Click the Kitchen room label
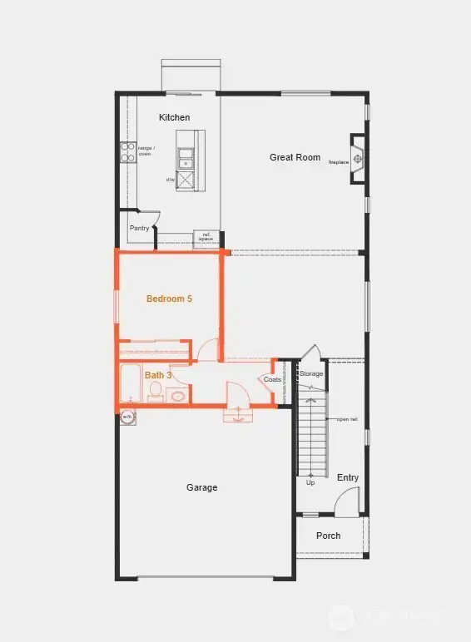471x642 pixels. (x=175, y=117)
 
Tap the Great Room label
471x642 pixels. (x=295, y=157)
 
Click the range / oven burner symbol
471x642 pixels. (x=127, y=152)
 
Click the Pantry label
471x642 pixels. (x=139, y=228)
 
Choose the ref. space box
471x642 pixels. (x=205, y=239)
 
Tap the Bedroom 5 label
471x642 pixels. (x=169, y=299)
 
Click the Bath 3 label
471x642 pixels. (x=158, y=375)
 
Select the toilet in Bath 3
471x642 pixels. (x=156, y=393)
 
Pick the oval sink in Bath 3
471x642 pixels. (x=178, y=396)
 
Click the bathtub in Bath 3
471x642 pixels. (x=131, y=383)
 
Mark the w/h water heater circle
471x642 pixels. (x=127, y=417)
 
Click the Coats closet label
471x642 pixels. (x=272, y=379)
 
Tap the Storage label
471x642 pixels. (x=311, y=374)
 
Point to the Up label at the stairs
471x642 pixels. (x=310, y=482)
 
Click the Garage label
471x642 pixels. (x=201, y=487)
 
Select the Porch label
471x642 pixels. (x=328, y=536)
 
